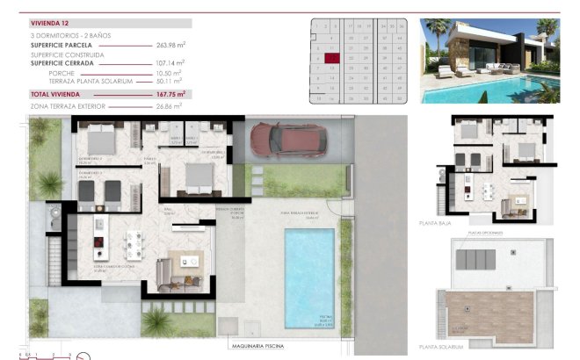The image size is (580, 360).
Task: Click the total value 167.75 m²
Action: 169,93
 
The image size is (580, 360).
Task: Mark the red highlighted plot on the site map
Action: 331,58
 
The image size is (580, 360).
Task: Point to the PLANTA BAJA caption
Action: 437,225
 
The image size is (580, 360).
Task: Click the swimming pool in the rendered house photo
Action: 492,88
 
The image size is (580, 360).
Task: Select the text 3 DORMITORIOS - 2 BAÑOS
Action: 66,33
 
